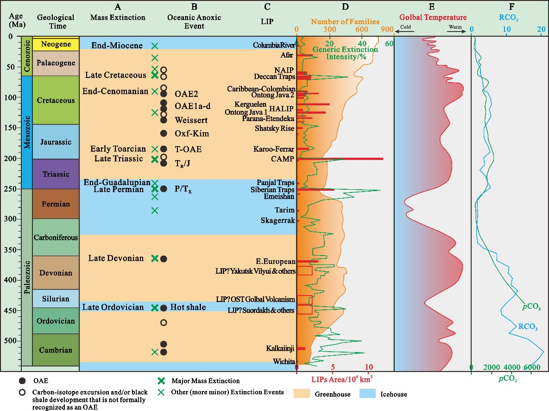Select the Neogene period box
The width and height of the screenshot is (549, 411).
[x=56, y=45]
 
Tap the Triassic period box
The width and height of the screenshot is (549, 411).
[x=56, y=174]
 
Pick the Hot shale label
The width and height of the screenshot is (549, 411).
[x=188, y=307]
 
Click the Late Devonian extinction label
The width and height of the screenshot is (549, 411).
[x=116, y=258]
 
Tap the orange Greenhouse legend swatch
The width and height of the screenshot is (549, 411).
[x=304, y=394]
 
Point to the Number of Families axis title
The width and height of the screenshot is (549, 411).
[x=345, y=21]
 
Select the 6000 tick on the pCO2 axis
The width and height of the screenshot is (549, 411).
[x=532, y=367]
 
